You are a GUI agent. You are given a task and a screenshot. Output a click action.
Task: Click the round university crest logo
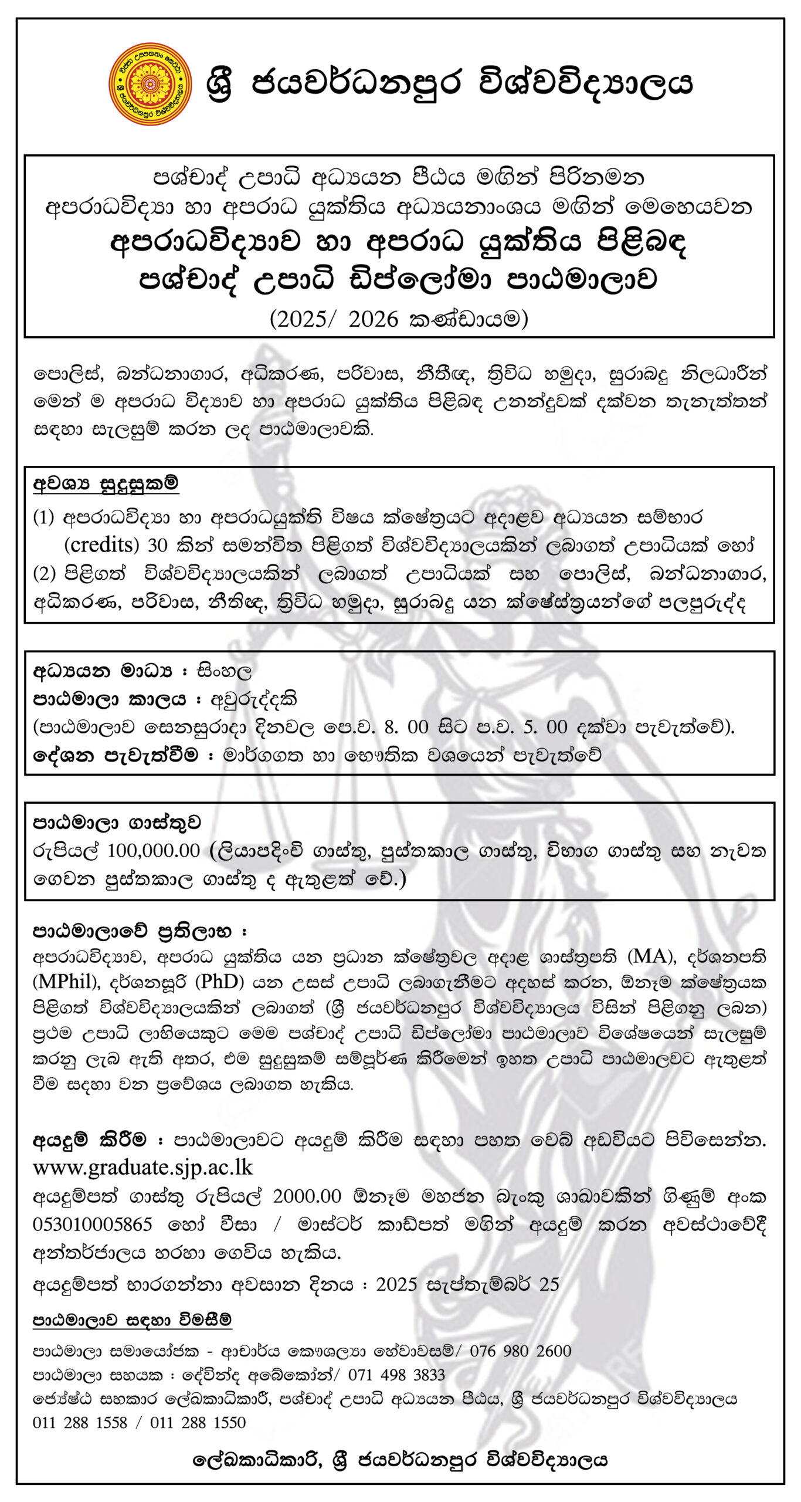pyautogui.click(x=150, y=84)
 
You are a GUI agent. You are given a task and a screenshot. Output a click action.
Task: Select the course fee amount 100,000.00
pyautogui.click(x=154, y=850)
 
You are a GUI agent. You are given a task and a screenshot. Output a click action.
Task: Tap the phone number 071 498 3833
pyautogui.click(x=396, y=1375)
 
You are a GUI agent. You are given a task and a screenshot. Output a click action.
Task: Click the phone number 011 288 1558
pyautogui.click(x=80, y=1422)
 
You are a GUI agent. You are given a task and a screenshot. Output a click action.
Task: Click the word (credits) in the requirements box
pyautogui.click(x=101, y=544)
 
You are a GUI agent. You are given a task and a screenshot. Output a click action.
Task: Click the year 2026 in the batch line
pyautogui.click(x=373, y=319)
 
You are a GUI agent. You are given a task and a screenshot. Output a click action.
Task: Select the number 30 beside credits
pyautogui.click(x=157, y=545)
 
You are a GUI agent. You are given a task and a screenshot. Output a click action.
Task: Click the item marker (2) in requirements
pyautogui.click(x=44, y=573)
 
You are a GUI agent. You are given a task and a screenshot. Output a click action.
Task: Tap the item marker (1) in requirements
pyautogui.click(x=44, y=517)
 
